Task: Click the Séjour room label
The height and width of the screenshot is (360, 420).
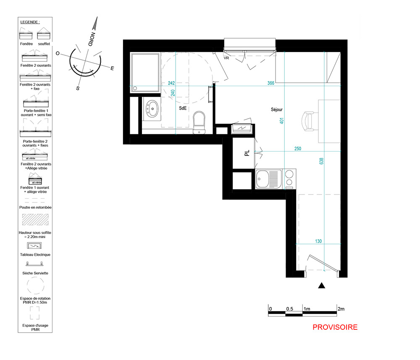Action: point(277,110)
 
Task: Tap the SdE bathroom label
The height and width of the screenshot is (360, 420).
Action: point(183,108)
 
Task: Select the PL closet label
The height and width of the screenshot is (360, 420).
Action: point(247,153)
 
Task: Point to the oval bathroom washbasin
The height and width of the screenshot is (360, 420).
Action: point(152,109)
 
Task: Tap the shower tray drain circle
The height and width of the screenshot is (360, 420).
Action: point(135,88)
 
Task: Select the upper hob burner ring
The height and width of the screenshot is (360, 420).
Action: point(289,174)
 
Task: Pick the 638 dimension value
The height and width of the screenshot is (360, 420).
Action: point(321,161)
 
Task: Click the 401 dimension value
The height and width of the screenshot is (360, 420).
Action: point(282,121)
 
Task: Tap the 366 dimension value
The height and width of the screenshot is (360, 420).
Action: point(271,83)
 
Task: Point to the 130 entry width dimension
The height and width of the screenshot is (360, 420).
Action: point(318,241)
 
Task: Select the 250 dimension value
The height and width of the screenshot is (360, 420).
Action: point(298,148)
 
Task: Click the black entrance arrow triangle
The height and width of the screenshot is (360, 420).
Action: point(322,286)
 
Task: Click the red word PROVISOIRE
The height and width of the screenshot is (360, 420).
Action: point(335,327)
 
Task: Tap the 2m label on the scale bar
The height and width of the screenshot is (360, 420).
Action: point(341,309)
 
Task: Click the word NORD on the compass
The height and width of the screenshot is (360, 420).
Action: point(92,39)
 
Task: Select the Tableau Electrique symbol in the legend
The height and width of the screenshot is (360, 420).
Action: point(34,246)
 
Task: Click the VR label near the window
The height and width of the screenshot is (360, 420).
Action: point(226,58)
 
